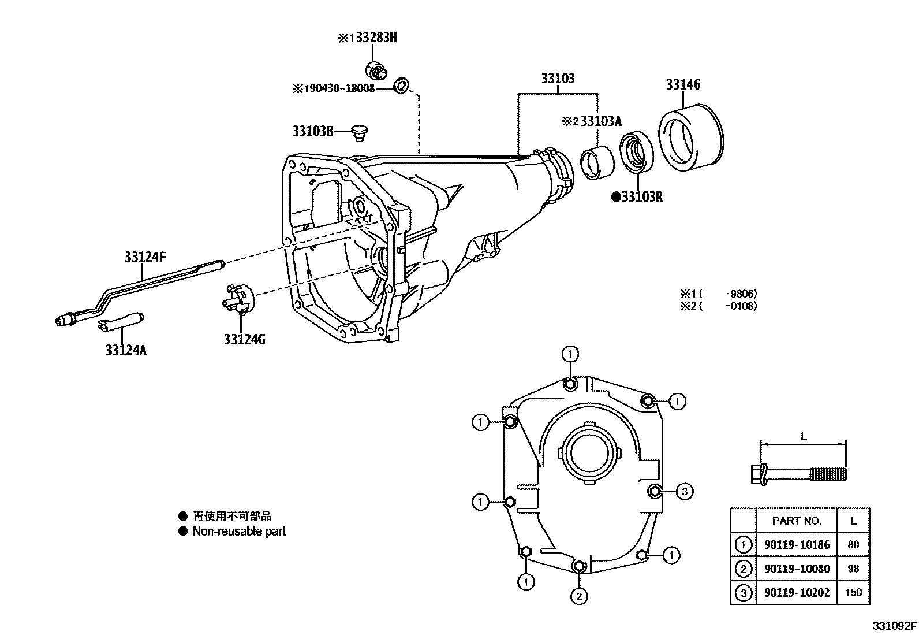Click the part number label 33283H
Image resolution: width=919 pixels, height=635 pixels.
[x=376, y=38]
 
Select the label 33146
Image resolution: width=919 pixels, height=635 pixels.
[x=683, y=84]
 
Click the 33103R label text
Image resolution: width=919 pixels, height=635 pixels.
[x=641, y=197]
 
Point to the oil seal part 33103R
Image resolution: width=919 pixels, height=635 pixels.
[x=637, y=153]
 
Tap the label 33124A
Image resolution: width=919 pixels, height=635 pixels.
[x=126, y=350]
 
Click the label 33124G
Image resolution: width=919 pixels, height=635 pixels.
[x=245, y=339]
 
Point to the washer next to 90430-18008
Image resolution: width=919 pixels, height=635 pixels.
[x=401, y=87]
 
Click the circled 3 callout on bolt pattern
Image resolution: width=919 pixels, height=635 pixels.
[x=684, y=492]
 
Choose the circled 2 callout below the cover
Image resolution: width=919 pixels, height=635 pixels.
[x=579, y=595]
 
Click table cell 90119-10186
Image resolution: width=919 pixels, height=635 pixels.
[x=797, y=544]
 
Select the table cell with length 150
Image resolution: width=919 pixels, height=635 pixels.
[x=853, y=592]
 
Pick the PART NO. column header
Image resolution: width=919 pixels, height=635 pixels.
[x=797, y=521]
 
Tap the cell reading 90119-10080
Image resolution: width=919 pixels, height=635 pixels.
[x=797, y=569]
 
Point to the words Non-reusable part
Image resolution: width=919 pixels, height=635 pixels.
[x=238, y=532]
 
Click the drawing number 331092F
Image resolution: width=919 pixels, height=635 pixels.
[x=894, y=626]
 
